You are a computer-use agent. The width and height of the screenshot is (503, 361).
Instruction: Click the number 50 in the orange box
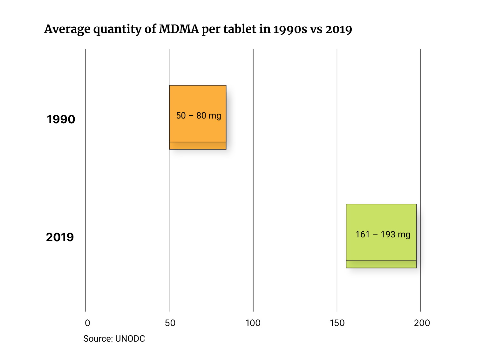coord(181,116)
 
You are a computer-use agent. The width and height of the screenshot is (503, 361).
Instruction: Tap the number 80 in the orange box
coord(201,116)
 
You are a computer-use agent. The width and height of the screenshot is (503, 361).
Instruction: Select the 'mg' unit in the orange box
coord(215,116)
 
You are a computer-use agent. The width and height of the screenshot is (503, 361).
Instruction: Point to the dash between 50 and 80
coord(191,116)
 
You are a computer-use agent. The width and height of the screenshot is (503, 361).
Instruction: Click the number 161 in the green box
coord(362,235)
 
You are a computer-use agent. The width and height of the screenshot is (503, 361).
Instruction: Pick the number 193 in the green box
coord(388,235)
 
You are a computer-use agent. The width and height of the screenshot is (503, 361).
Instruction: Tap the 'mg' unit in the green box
coord(404,235)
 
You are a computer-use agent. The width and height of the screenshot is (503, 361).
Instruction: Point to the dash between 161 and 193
coord(375,235)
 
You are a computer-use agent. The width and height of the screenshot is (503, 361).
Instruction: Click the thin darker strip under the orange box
coord(198,146)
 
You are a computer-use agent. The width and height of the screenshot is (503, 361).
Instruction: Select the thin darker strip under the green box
coord(381,264)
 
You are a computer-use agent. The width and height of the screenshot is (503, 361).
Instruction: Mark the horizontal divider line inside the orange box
coord(198,142)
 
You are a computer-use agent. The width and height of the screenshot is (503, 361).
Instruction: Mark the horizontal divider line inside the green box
coord(381,261)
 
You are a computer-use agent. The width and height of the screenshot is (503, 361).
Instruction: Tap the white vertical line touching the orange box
coord(169,222)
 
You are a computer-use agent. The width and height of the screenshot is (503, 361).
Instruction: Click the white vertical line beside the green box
coord(337,159)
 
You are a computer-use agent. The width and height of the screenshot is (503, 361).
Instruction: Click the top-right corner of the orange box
coord(226,86)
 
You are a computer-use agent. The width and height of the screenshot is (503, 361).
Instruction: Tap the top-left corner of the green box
coord(347,205)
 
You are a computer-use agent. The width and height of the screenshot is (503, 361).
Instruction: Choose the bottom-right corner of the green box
coord(416,267)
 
